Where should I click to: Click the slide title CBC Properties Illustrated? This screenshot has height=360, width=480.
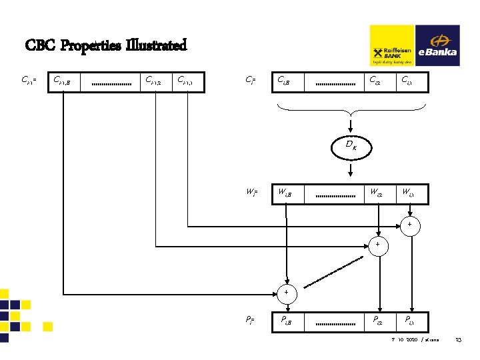pyautogui.click(x=106, y=46)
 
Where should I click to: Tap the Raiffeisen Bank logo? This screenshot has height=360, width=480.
pyautogui.click(x=392, y=46)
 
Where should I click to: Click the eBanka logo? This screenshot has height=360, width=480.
pyautogui.click(x=437, y=46)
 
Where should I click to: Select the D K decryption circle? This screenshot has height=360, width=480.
pyautogui.click(x=351, y=145)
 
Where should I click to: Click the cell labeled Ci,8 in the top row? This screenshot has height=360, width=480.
pyautogui.click(x=287, y=82)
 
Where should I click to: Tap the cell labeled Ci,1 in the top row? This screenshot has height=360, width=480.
pyautogui.click(x=409, y=82)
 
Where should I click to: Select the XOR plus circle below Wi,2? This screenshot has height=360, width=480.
pyautogui.click(x=377, y=245)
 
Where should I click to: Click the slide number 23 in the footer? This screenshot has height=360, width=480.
pyautogui.click(x=459, y=341)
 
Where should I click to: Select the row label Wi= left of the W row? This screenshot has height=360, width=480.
pyautogui.click(x=251, y=194)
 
